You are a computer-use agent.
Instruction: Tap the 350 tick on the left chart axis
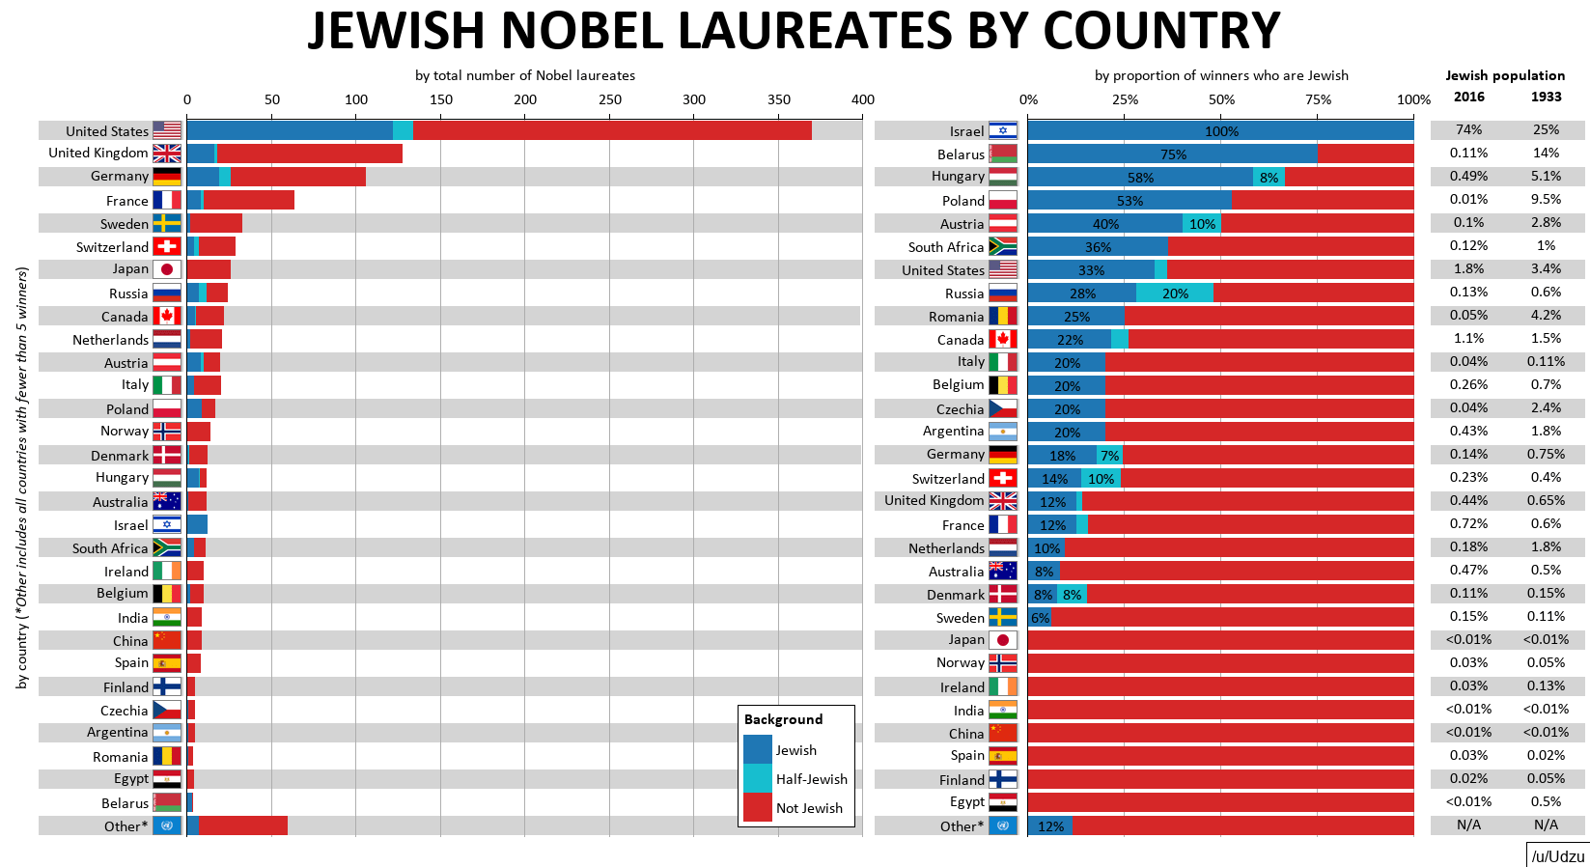point(778,99)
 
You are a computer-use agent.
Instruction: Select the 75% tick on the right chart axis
point(1318,99)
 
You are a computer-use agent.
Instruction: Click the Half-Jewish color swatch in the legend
point(758,778)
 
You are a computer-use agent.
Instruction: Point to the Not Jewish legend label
point(809,808)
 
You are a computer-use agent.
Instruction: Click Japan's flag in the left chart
point(167,269)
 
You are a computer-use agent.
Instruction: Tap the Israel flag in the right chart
point(1003,131)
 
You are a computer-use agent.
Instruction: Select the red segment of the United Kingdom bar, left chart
point(309,154)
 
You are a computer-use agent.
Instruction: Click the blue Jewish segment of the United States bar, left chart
point(290,130)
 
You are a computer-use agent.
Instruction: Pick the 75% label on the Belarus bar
point(1173,154)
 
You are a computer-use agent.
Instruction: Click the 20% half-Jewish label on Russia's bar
point(1175,294)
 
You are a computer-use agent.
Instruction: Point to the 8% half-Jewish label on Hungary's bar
point(1269,178)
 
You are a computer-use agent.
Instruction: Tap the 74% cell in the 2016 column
point(1468,129)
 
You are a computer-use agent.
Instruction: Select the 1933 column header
point(1546,97)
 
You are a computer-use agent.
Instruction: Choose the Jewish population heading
point(1505,75)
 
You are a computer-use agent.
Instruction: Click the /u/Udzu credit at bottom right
point(1557,856)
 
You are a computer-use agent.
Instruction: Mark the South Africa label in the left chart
point(110,548)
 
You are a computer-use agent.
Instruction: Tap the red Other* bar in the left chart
point(242,825)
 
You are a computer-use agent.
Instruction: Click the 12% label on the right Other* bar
point(1050,826)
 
